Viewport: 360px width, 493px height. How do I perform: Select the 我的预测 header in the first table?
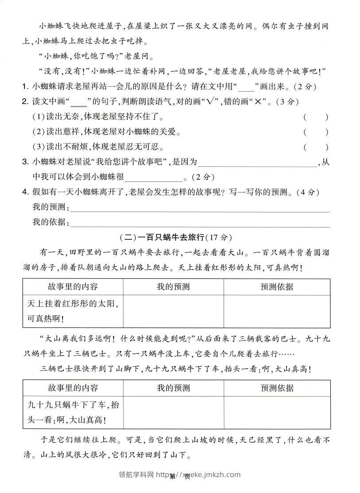(173, 287)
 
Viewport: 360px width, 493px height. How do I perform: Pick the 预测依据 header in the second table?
(277, 388)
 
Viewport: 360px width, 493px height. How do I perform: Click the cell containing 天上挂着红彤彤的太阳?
(73, 311)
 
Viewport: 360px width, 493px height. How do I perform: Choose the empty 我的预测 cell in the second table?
(173, 412)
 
